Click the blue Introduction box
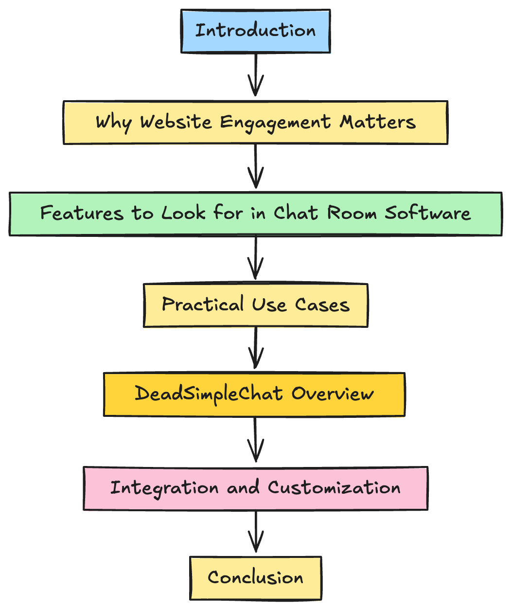[256, 31]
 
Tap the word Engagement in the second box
[275, 122]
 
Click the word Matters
[377, 122]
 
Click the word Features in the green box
[81, 213]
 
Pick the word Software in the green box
[428, 213]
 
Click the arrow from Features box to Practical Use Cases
[256, 258]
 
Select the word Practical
[203, 304]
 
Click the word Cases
[322, 305]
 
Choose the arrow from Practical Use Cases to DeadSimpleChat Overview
[256, 348]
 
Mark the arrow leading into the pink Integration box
[256, 440]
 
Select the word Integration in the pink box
[164, 488]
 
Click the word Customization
[334, 487]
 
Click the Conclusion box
[256, 577]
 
